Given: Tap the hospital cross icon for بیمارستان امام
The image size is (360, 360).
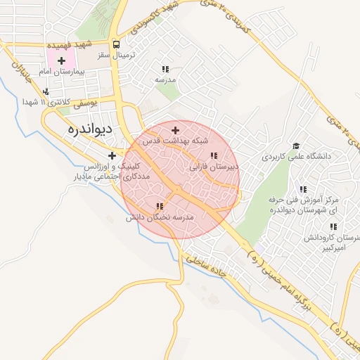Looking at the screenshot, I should pos(62,61).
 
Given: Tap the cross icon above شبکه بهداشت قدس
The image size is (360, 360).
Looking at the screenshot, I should pos(175,130).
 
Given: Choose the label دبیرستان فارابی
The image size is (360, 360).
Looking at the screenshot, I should pos(214,167).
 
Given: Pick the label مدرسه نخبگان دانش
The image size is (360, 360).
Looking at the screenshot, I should pos(160,218).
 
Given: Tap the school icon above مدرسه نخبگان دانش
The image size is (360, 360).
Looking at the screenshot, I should pos(160,206).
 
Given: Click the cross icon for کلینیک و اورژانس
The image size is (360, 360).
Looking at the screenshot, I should pos(112,155).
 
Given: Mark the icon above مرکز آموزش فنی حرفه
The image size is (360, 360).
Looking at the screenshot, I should pos(303,189).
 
